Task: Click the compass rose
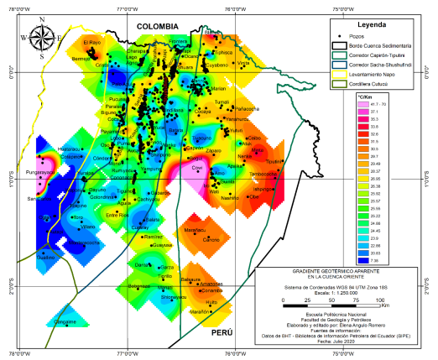tap(43, 38)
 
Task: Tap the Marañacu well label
tap(196, 229)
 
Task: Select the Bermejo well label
tap(81, 59)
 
